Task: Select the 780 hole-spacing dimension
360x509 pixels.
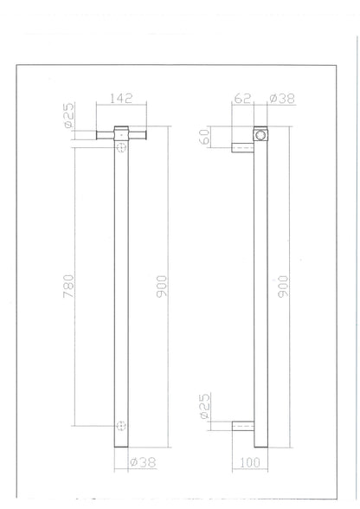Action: [69, 286]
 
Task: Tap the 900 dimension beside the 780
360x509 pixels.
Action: [161, 286]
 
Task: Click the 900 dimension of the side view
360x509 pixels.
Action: [307, 286]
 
